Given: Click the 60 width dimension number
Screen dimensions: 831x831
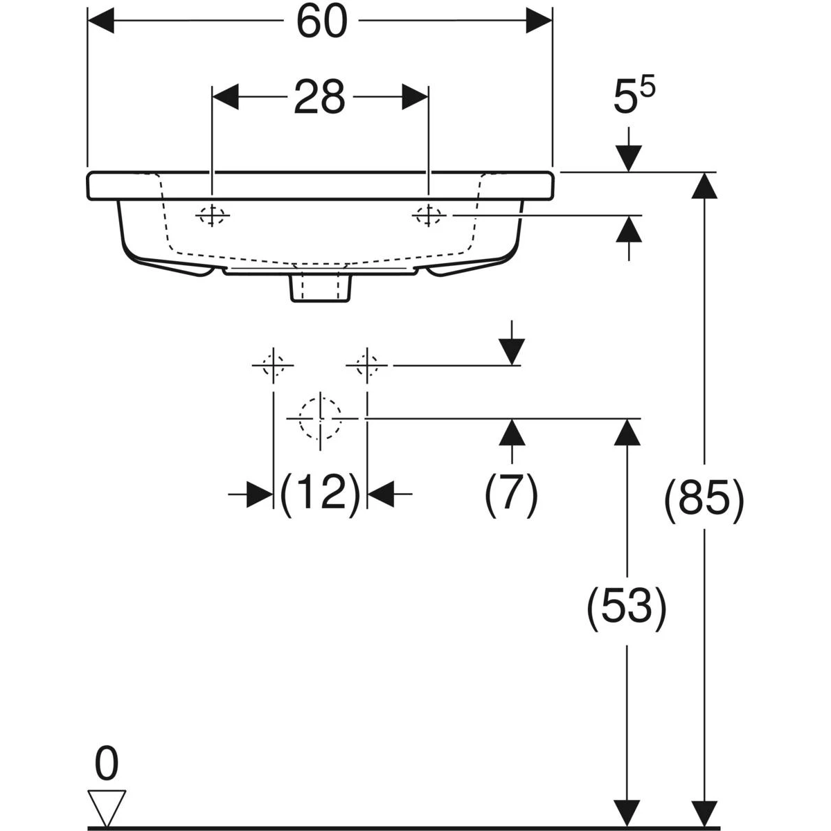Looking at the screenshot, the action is (322, 21).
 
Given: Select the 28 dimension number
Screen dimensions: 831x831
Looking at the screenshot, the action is (319, 97).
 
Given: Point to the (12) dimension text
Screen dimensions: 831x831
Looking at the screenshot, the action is (320, 494).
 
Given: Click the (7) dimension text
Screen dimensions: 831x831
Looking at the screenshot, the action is (512, 494).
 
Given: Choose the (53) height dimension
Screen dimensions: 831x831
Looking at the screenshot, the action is (627, 609).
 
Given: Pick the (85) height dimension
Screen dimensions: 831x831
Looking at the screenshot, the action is (705, 501).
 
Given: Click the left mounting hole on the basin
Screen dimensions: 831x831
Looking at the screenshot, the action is (212, 215).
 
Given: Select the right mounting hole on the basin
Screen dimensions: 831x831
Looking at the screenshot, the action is (428, 215).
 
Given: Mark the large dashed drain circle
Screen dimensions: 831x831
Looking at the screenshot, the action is (320, 419).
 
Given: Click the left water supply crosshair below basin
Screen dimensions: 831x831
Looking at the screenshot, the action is (273, 366).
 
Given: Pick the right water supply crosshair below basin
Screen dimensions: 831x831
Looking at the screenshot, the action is (367, 366).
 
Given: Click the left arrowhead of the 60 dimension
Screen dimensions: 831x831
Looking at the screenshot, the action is (100, 20).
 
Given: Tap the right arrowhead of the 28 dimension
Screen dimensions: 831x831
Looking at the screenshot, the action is (415, 97).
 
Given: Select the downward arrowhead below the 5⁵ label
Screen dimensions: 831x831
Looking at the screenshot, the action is (629, 159).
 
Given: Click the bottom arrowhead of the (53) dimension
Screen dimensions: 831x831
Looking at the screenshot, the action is (627, 813).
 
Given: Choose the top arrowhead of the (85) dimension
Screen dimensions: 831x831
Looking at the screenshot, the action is (705, 186).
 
